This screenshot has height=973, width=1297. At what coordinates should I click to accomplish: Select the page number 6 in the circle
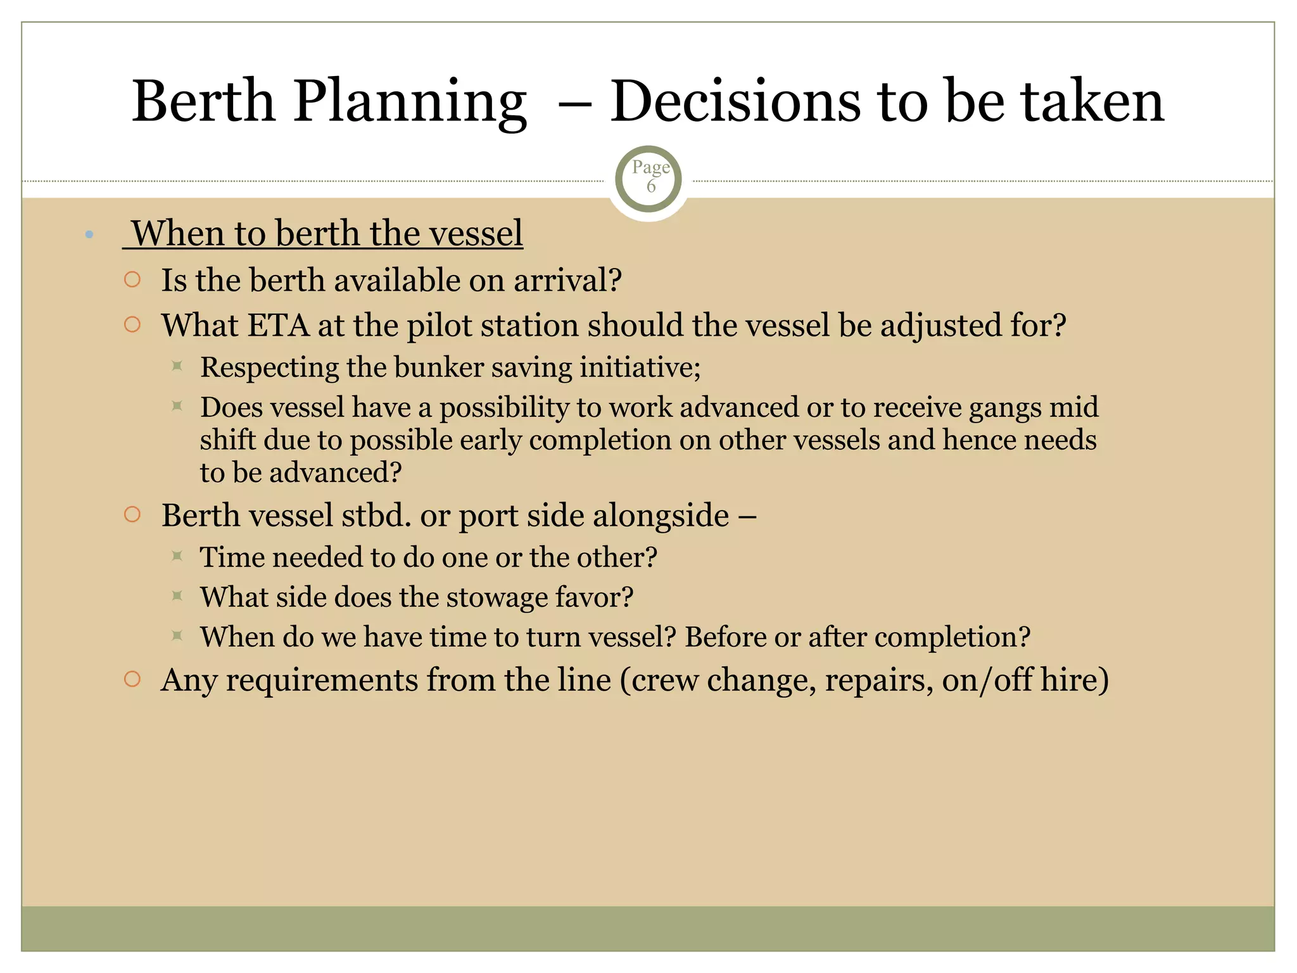click(650, 186)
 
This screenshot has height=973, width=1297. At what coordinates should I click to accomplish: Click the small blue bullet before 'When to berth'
click(89, 235)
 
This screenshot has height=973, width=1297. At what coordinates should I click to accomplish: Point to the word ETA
click(277, 326)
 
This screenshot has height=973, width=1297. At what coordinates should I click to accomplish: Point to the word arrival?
click(567, 281)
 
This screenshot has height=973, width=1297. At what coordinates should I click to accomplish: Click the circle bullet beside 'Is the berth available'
click(132, 279)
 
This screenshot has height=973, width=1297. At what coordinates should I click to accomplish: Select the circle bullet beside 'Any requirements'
click(132, 679)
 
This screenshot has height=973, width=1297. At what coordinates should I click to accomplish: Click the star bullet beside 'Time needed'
click(177, 556)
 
